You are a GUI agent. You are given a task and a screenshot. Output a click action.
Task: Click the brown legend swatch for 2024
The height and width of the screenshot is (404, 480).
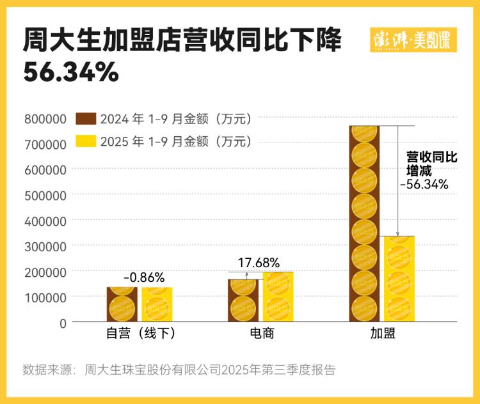(x=86, y=119)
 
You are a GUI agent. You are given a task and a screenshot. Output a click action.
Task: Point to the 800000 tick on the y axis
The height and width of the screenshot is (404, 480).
(x=45, y=118)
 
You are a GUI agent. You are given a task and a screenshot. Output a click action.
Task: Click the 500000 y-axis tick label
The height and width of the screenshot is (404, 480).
(x=45, y=195)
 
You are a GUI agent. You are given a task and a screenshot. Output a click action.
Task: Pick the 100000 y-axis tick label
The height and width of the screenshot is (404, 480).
(x=45, y=297)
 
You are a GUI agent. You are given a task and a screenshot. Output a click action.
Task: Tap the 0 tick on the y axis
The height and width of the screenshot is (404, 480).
(x=63, y=323)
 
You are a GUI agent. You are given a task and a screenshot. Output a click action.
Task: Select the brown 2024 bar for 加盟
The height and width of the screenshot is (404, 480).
(x=365, y=224)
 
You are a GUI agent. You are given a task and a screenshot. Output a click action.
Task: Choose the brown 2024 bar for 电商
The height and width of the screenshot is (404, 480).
(x=243, y=300)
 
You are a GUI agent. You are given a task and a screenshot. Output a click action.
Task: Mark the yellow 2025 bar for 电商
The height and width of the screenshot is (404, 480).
(x=278, y=297)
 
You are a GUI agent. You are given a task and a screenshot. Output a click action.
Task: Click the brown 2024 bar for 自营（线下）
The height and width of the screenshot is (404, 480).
(x=122, y=304)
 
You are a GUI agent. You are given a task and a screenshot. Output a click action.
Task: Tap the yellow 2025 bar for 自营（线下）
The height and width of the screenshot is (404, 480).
(x=157, y=304)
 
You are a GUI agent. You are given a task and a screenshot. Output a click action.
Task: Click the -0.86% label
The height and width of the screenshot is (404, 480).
(x=144, y=277)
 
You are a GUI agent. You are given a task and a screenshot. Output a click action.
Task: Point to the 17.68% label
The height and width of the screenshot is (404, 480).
(x=259, y=262)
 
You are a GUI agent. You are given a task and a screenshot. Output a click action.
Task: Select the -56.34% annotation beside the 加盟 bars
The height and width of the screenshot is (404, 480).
(x=424, y=184)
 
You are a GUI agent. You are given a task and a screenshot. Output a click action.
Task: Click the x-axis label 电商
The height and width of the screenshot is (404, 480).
(x=261, y=334)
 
